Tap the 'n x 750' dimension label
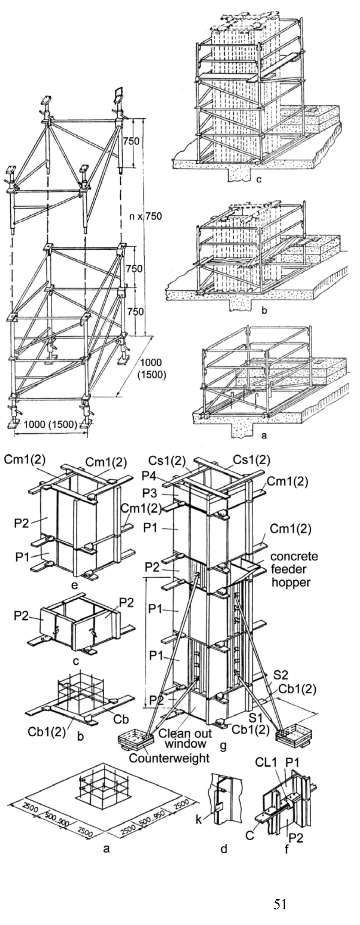(145, 216)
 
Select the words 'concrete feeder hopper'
(294, 569)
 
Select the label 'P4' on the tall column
(149, 476)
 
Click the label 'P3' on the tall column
(149, 493)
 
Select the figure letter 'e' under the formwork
(74, 585)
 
